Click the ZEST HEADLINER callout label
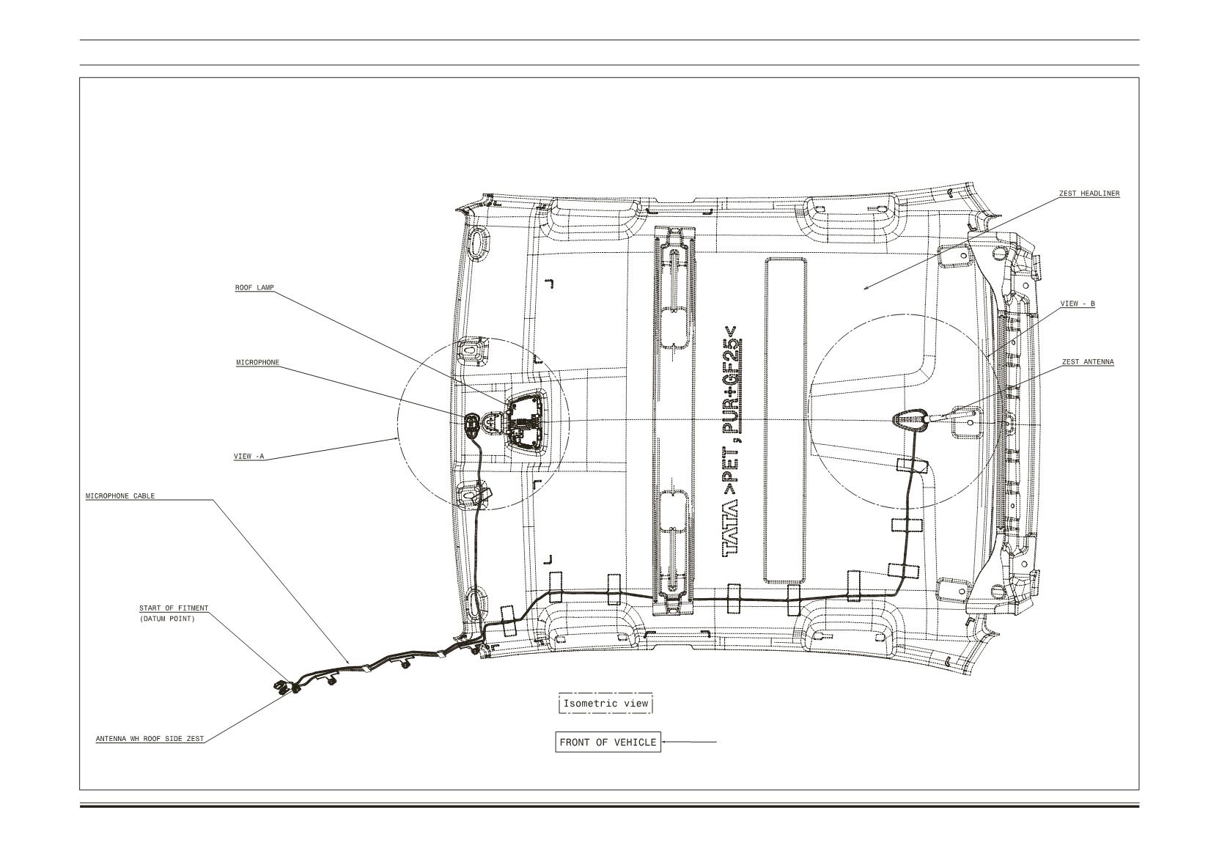(1089, 194)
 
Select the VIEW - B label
(1078, 303)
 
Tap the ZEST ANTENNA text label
(1088, 362)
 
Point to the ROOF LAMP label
(254, 287)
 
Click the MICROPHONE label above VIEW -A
(258, 362)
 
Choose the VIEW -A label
(249, 456)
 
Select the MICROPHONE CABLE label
(120, 496)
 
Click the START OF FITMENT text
(174, 608)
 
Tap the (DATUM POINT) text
(167, 619)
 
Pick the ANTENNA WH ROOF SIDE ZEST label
(150, 739)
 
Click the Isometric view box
(605, 704)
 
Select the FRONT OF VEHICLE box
(608, 743)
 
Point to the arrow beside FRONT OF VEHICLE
(688, 742)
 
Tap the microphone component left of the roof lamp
(471, 424)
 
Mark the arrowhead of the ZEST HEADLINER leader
(865, 288)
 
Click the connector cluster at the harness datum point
(287, 688)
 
